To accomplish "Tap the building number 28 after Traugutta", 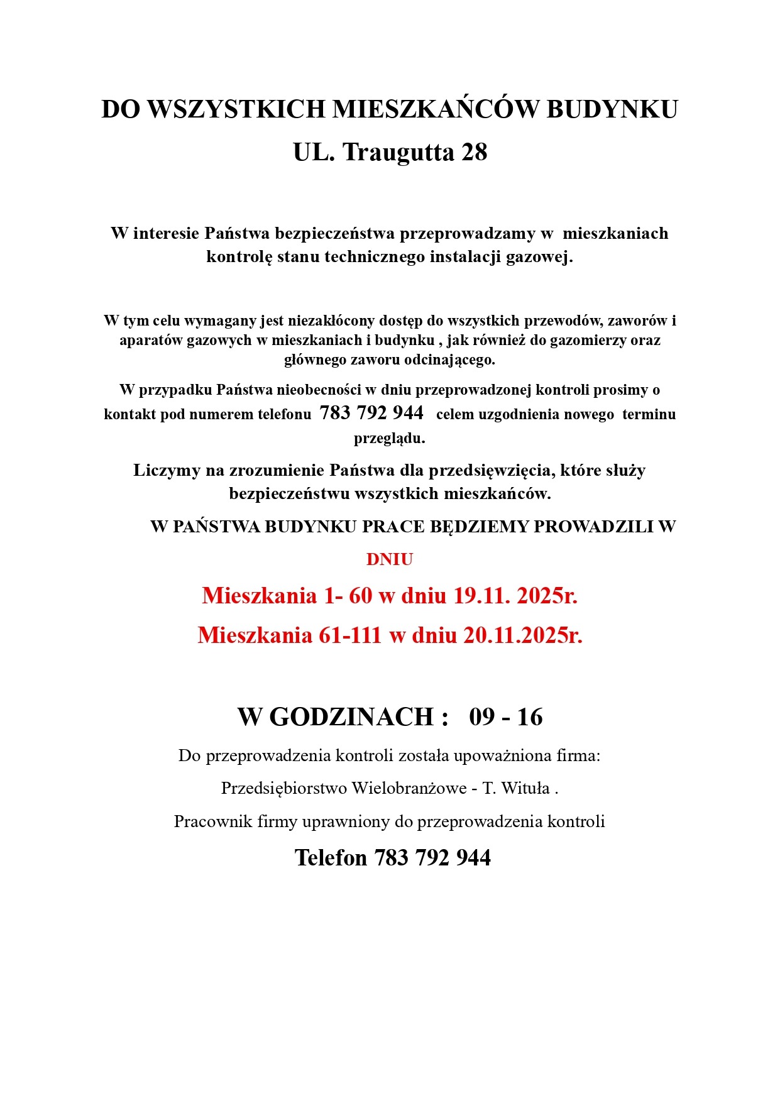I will click(x=475, y=153).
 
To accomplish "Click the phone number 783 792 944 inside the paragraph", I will click(x=371, y=413).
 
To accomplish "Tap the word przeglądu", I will click(x=389, y=438).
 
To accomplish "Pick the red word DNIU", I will click(x=389, y=559).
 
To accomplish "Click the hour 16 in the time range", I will click(x=529, y=717).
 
